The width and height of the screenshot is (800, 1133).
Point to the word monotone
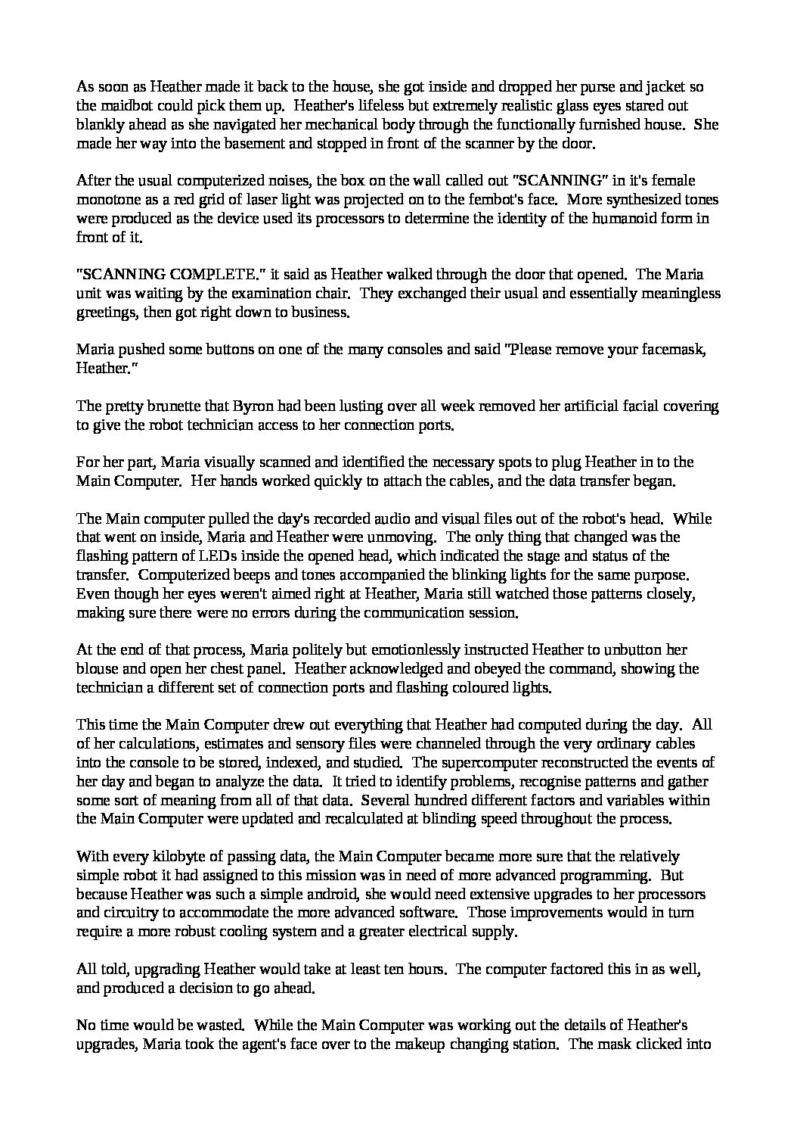[104, 200]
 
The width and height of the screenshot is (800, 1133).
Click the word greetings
[104, 312]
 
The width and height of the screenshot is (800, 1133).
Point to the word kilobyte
[173, 857]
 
